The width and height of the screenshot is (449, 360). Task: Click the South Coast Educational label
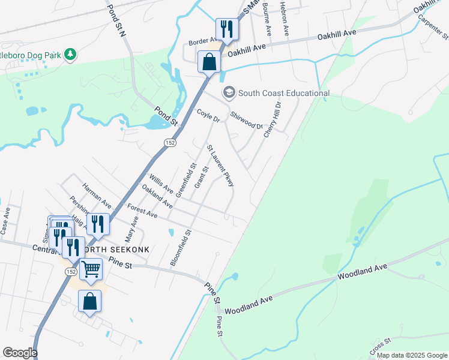pos(284,93)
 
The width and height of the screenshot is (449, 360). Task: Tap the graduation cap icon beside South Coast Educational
pos(228,92)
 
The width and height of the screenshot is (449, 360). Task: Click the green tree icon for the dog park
pos(70,55)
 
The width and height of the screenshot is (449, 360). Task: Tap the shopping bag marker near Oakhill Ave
pos(208,61)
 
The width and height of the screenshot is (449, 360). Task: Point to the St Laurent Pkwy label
pos(220,165)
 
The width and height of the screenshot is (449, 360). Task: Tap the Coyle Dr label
pos(208,116)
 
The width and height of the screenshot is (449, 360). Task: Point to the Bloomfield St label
pos(180,248)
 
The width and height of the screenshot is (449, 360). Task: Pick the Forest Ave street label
pos(142,211)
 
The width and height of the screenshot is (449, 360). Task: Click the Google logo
pos(20,352)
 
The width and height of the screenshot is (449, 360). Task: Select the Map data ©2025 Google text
pos(411,355)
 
